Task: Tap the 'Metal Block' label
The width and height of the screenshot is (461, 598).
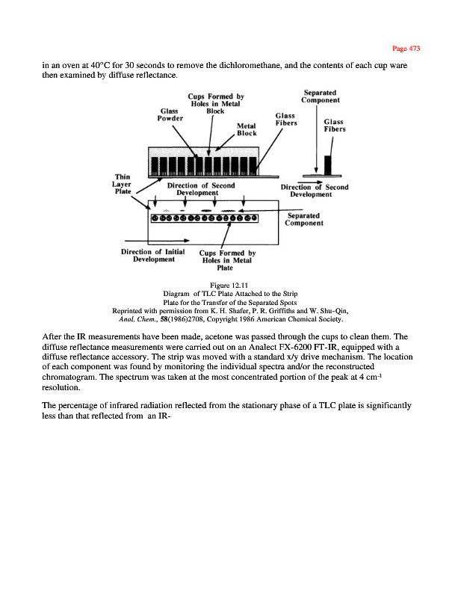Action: tap(247, 129)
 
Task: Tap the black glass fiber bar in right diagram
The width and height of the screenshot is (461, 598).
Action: tap(328, 164)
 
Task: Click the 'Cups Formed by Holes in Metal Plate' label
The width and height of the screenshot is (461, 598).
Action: tap(227, 260)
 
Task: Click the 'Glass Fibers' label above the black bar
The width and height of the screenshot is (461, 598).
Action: tap(333, 126)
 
